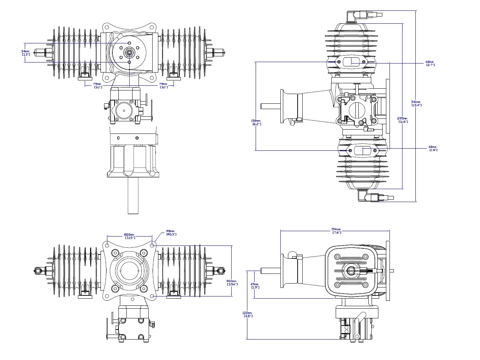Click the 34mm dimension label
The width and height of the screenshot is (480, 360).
point(25,51)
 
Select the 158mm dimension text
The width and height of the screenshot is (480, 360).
point(256,121)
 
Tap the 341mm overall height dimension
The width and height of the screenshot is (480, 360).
point(416,102)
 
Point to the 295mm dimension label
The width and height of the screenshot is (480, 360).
point(403,118)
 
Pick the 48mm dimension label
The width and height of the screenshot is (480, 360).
point(432,147)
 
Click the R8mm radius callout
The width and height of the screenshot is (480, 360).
point(170,231)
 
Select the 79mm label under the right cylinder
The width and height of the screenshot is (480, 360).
point(163,84)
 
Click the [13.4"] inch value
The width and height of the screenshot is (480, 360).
point(416,105)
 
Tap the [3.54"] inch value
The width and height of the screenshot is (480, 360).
point(232,284)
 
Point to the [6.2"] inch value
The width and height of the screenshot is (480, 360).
point(256,124)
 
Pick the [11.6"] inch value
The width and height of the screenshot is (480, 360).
point(403,122)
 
